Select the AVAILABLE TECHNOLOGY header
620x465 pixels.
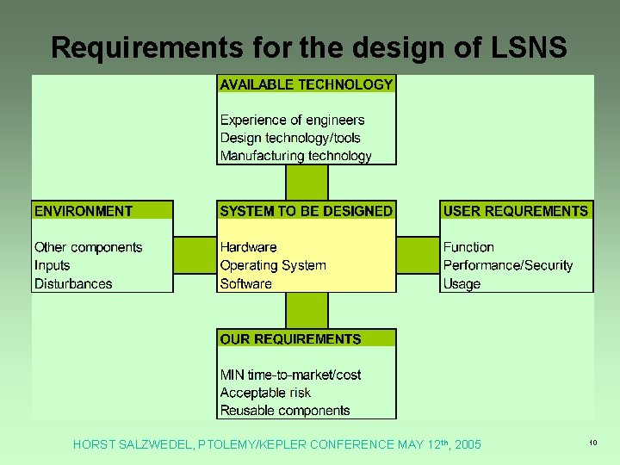tap(307, 84)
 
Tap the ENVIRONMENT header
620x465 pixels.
tap(84, 211)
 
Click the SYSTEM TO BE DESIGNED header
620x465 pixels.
tap(307, 211)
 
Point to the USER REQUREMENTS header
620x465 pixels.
tap(516, 211)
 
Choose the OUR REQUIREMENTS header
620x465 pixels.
tap(290, 339)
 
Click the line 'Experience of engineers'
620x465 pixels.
tap(292, 121)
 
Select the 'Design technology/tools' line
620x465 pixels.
tap(290, 138)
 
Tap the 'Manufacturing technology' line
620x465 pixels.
tap(295, 156)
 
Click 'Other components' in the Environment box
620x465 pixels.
tap(88, 247)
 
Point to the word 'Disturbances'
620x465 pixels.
tap(73, 283)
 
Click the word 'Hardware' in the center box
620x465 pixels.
tap(248, 247)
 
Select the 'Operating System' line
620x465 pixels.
tap(273, 265)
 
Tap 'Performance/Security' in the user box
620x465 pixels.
tap(508, 265)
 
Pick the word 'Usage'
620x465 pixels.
tap(462, 283)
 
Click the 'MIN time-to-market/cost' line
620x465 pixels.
tap(290, 375)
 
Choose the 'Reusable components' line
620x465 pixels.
tap(285, 411)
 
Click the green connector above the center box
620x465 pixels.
tap(307, 183)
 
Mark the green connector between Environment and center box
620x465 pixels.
tap(195, 256)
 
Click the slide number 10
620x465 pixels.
tap(593, 443)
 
